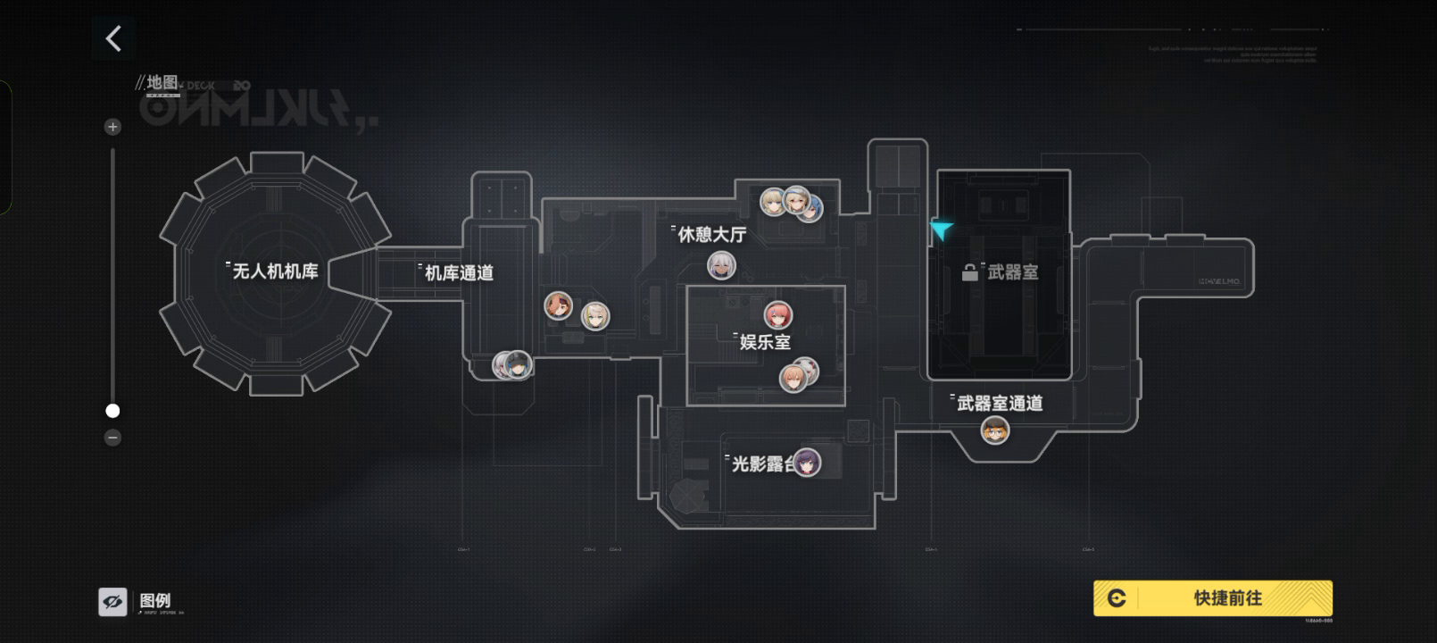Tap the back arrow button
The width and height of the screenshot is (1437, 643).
click(x=113, y=38)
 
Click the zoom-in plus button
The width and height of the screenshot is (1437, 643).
click(x=112, y=127)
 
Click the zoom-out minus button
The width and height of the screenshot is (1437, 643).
click(x=112, y=438)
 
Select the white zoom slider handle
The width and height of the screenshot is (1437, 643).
click(x=112, y=411)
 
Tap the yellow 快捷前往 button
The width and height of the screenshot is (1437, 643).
click(x=1212, y=598)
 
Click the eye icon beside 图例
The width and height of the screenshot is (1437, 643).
click(x=113, y=602)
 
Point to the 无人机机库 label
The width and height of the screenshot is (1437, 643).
click(x=275, y=271)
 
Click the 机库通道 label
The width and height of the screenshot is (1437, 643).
click(x=459, y=273)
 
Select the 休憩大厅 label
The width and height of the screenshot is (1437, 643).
click(x=711, y=235)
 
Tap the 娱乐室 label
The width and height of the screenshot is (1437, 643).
click(x=765, y=342)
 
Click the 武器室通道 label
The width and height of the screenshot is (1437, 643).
click(x=1000, y=404)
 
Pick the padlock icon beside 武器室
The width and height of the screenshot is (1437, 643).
click(x=970, y=272)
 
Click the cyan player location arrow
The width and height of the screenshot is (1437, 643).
click(x=941, y=230)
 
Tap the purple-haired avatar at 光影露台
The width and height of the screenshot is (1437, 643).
click(x=807, y=463)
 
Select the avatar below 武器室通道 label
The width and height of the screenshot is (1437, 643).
click(x=995, y=430)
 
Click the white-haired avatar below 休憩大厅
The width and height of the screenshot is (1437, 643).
click(x=721, y=265)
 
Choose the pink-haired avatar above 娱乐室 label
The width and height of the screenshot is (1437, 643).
click(x=778, y=314)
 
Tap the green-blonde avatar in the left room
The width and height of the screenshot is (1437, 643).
click(x=595, y=315)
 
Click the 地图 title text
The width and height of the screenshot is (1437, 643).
click(x=162, y=83)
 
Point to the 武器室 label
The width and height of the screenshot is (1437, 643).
click(x=1013, y=272)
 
